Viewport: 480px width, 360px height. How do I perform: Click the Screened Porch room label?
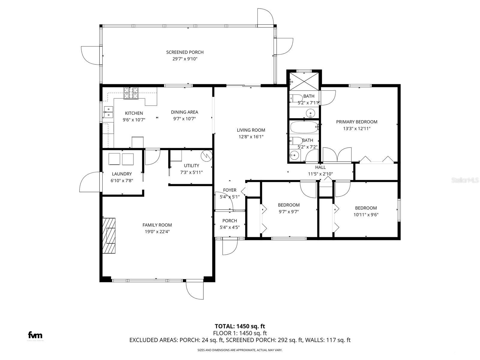[x=185, y=52]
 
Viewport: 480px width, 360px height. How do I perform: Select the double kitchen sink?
[x=108, y=112]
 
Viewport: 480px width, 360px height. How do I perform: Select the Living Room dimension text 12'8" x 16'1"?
[x=251, y=137]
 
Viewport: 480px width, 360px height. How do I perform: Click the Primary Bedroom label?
[x=356, y=122]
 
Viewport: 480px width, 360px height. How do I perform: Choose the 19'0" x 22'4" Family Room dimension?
[x=157, y=232]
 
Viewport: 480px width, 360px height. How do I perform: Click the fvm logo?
[x=35, y=335]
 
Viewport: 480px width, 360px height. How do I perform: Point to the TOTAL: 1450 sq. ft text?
[x=240, y=326]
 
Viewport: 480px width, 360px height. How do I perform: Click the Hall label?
[x=320, y=167]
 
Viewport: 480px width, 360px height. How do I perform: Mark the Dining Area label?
[x=184, y=112]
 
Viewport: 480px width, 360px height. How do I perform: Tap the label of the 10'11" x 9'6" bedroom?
[x=366, y=208]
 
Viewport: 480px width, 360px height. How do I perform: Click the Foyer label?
[x=229, y=190]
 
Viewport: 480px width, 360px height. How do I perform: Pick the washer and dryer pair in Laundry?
[x=121, y=159]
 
